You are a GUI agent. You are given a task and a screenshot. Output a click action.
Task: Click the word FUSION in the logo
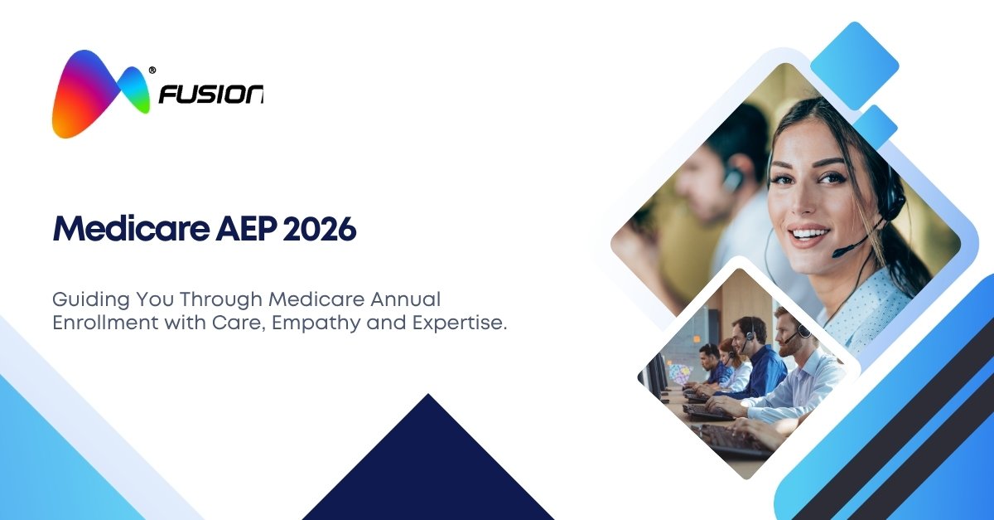211,95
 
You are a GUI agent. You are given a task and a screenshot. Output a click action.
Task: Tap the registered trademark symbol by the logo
152,70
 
